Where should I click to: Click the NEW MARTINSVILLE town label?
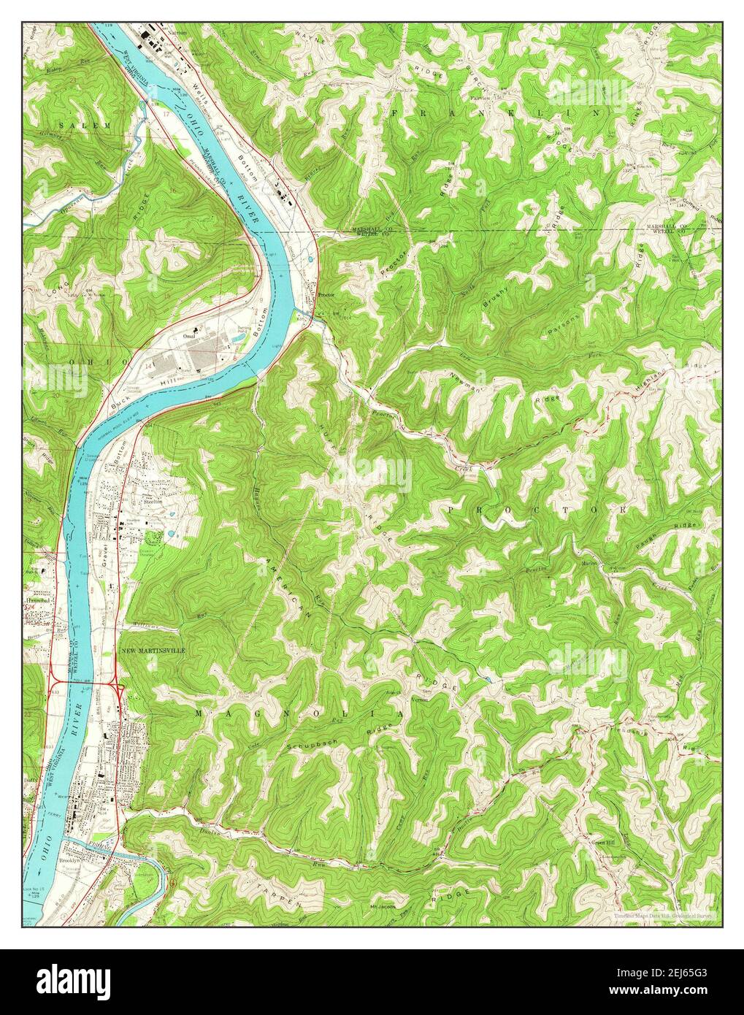click(154, 650)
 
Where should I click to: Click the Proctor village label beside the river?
click(326, 295)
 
